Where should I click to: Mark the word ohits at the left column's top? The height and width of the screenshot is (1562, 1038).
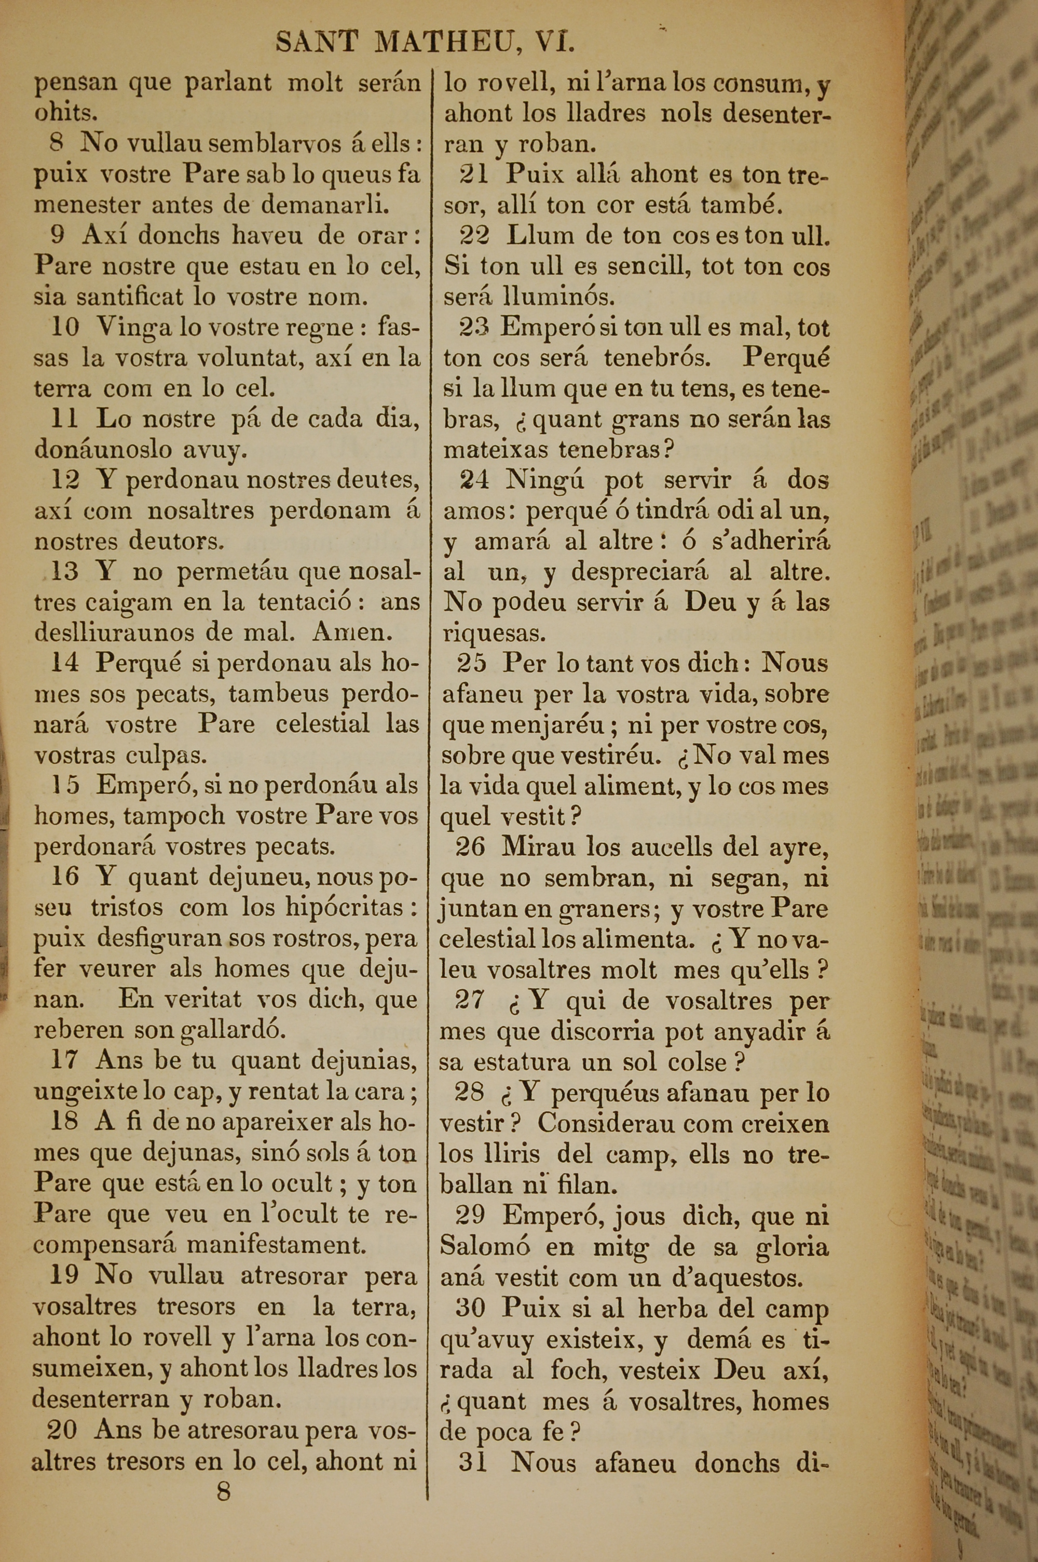tap(66, 113)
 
